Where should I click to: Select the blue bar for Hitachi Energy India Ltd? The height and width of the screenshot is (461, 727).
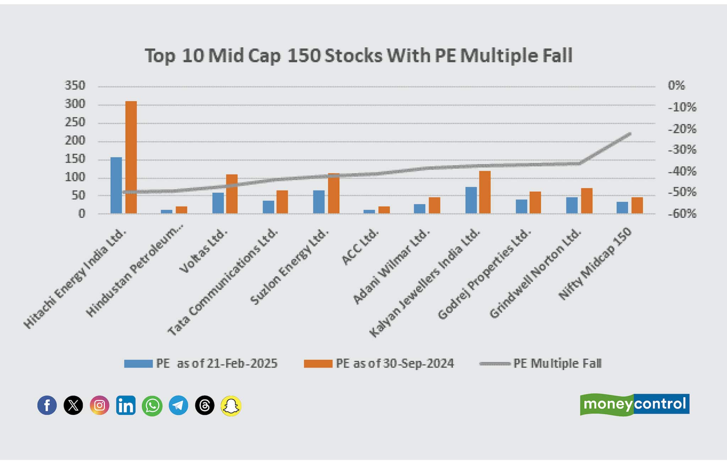coord(116,185)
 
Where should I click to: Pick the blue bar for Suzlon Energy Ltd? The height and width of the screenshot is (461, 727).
coord(319,202)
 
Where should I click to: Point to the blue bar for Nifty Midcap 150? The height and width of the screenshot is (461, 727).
coord(622,207)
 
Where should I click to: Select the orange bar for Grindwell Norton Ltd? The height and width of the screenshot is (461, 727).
coord(587,201)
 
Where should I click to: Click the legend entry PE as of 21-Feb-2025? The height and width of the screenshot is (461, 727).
coord(201,363)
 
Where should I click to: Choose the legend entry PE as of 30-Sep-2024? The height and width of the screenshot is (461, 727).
coord(379,363)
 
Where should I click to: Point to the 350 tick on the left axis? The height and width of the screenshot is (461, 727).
coord(75,85)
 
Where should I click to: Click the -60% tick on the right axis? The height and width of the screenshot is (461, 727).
coord(682,213)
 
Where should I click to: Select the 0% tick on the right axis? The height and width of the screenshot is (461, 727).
coord(676,85)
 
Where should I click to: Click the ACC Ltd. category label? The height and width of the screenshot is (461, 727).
coord(360,247)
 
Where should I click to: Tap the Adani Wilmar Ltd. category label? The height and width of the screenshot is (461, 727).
coord(391,267)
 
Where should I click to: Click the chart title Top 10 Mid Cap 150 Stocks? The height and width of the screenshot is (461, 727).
coord(359,56)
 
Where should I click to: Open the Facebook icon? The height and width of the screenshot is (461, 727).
coord(47,405)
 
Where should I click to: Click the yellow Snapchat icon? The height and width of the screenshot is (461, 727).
coord(231,406)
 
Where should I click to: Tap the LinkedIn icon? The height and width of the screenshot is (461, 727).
coord(126,405)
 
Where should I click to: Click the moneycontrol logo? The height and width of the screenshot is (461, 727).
coord(635,404)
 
